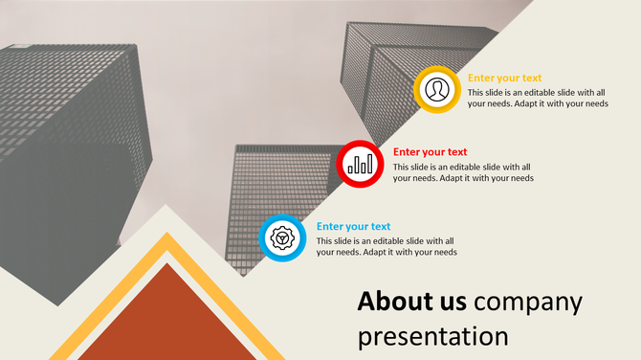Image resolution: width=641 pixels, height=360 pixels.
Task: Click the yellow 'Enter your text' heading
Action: (504, 79)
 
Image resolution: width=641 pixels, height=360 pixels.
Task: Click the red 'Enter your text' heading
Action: (430, 151)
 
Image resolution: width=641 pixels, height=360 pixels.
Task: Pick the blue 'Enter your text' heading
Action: (353, 226)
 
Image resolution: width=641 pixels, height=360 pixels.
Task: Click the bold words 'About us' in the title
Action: (411, 301)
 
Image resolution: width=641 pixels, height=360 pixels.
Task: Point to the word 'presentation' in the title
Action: (433, 336)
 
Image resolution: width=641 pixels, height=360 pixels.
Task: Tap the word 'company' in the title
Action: (528, 301)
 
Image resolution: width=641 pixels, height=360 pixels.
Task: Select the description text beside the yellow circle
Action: (537, 98)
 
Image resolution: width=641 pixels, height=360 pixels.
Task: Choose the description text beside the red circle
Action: (462, 171)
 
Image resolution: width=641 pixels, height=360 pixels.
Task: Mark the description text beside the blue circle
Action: (386, 246)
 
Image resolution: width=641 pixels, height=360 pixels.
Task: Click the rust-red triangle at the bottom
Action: (168, 321)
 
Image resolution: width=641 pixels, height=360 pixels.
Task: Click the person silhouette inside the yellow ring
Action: (437, 88)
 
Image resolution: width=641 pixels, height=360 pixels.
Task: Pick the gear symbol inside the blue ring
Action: (281, 237)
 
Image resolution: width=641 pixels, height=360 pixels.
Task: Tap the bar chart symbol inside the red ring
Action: (361, 164)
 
